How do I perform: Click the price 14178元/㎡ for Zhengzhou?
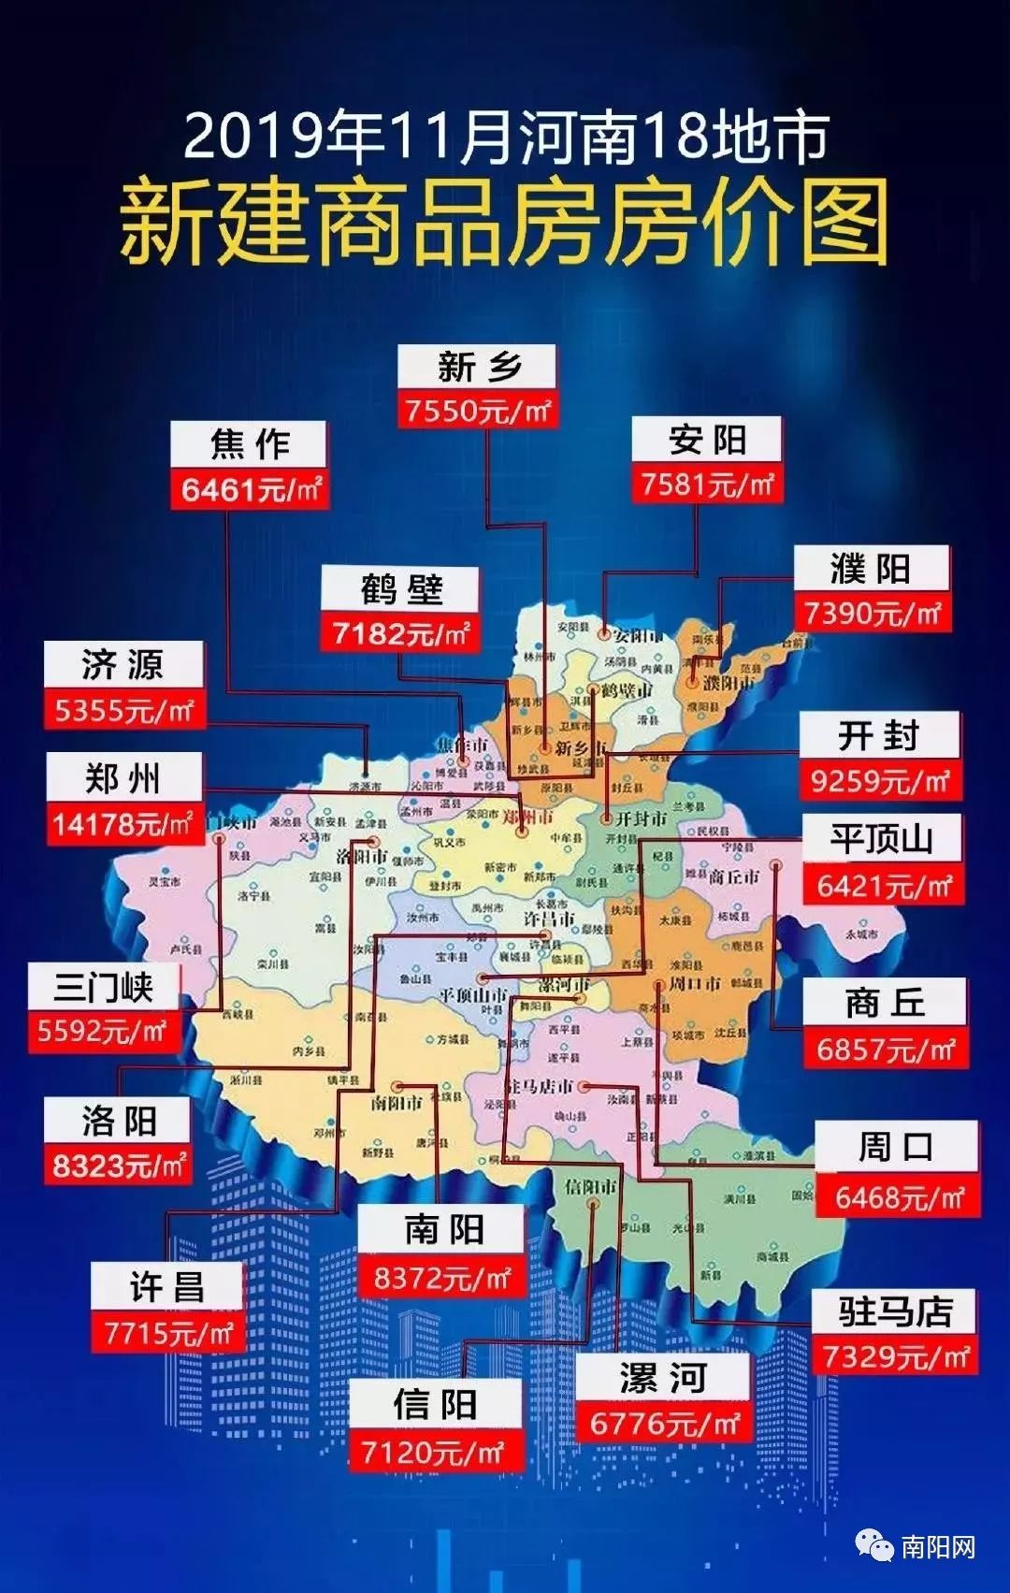pos(124,824)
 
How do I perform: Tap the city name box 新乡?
pos(477,367)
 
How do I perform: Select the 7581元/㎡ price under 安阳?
pos(707,485)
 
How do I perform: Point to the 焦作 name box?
pos(249,443)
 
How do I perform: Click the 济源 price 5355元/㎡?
pos(123,711)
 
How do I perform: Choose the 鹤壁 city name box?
pos(400,589)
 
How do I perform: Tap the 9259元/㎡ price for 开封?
pos(880,780)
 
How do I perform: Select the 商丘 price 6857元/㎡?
pos(886,1050)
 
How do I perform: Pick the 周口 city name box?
pos(896,1146)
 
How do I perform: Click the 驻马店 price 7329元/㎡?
pos(895,1355)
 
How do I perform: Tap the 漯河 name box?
pos(662,1378)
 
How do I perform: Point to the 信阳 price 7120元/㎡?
pos(433,1453)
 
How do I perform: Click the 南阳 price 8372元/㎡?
pos(441,1278)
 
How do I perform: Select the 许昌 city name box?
pos(166,1287)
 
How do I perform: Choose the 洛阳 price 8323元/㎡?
pos(118,1166)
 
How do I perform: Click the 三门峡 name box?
pos(103,987)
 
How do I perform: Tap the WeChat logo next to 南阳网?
pos(875,1546)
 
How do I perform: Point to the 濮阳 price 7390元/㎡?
pos(872,614)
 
